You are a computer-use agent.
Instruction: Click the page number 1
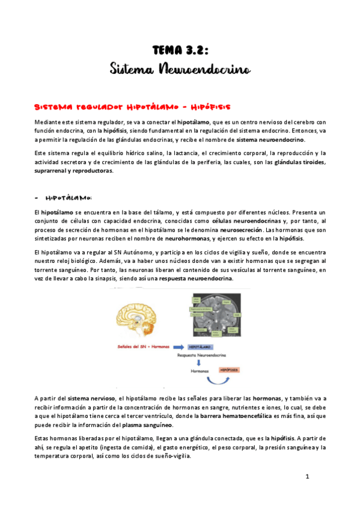pyautogui.click(x=307, y=477)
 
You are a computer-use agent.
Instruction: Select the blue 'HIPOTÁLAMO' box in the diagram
pyautogui.click(x=201, y=347)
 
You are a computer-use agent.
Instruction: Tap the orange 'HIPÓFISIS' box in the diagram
pyautogui.click(x=229, y=370)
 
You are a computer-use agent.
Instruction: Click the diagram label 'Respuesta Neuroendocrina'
pyautogui.click(x=201, y=355)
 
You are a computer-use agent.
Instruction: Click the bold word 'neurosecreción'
pyautogui.click(x=241, y=230)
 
